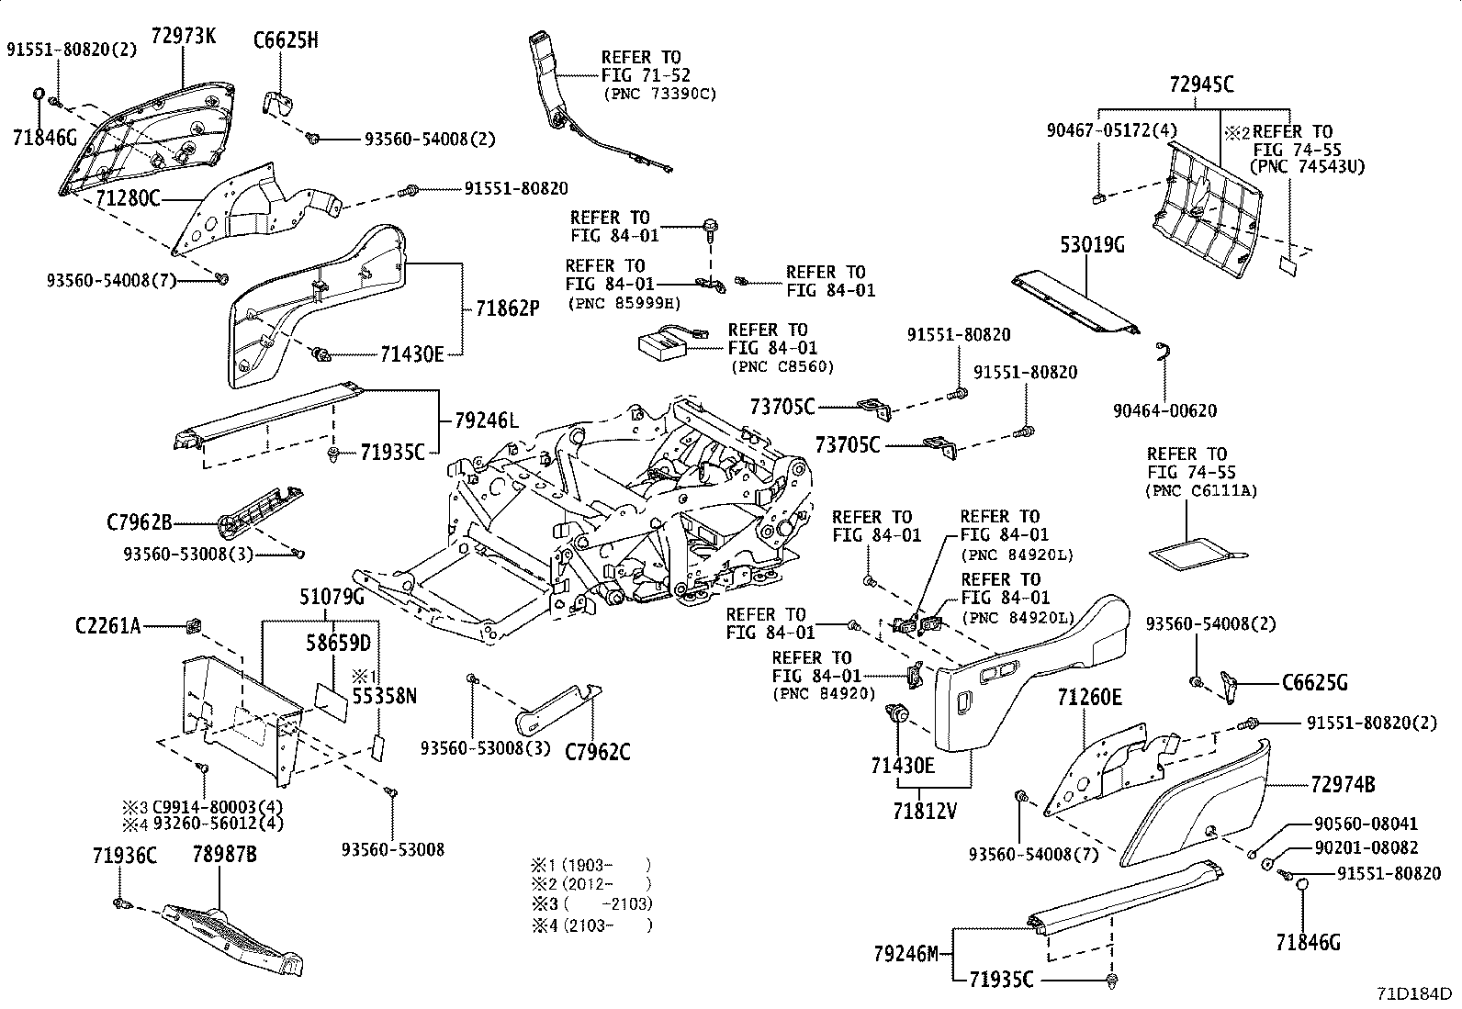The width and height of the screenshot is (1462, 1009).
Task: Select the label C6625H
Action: click(286, 39)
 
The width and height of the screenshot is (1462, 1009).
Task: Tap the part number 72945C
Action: click(1201, 84)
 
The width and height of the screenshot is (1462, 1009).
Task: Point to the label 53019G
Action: click(1092, 245)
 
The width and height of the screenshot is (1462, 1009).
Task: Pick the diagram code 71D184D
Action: click(1413, 994)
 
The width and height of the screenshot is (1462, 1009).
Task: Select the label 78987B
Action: click(224, 856)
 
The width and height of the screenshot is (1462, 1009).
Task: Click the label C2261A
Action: click(107, 626)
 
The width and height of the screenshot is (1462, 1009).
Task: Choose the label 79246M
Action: click(905, 954)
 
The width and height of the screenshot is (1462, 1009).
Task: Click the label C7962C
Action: click(597, 752)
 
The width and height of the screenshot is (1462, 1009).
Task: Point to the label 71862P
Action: click(507, 308)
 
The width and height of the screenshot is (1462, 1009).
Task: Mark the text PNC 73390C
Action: click(659, 94)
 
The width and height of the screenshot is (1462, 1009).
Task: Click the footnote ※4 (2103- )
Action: click(590, 925)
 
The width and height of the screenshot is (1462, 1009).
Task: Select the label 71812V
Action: click(924, 811)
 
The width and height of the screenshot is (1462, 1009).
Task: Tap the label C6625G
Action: click(1315, 683)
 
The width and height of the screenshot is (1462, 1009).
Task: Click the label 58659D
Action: click(338, 643)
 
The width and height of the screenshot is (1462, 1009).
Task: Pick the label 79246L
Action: click(486, 421)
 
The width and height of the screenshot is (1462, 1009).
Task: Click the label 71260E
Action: click(1089, 698)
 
